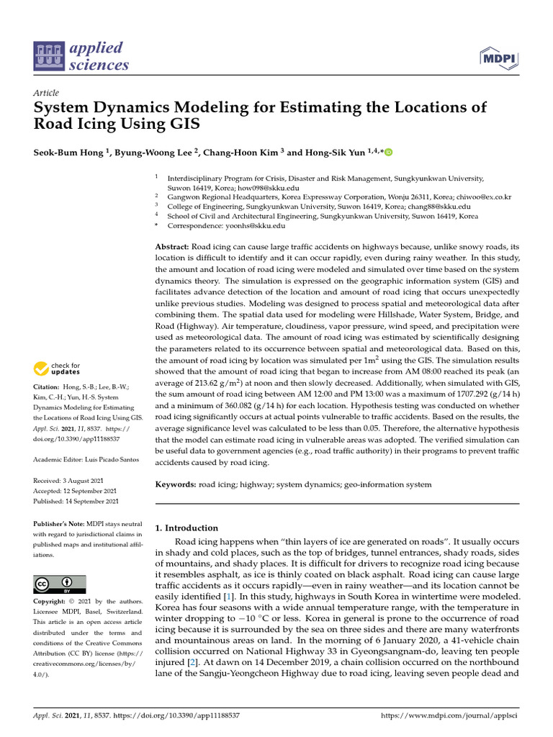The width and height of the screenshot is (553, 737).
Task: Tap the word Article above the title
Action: [x=46, y=93]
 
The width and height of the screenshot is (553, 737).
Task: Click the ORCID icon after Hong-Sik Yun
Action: [x=390, y=152]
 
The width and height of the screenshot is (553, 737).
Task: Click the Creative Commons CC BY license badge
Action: [x=60, y=584]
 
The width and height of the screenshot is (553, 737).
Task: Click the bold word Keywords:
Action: [x=176, y=485]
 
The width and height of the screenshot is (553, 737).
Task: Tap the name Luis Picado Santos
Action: [x=110, y=458]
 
